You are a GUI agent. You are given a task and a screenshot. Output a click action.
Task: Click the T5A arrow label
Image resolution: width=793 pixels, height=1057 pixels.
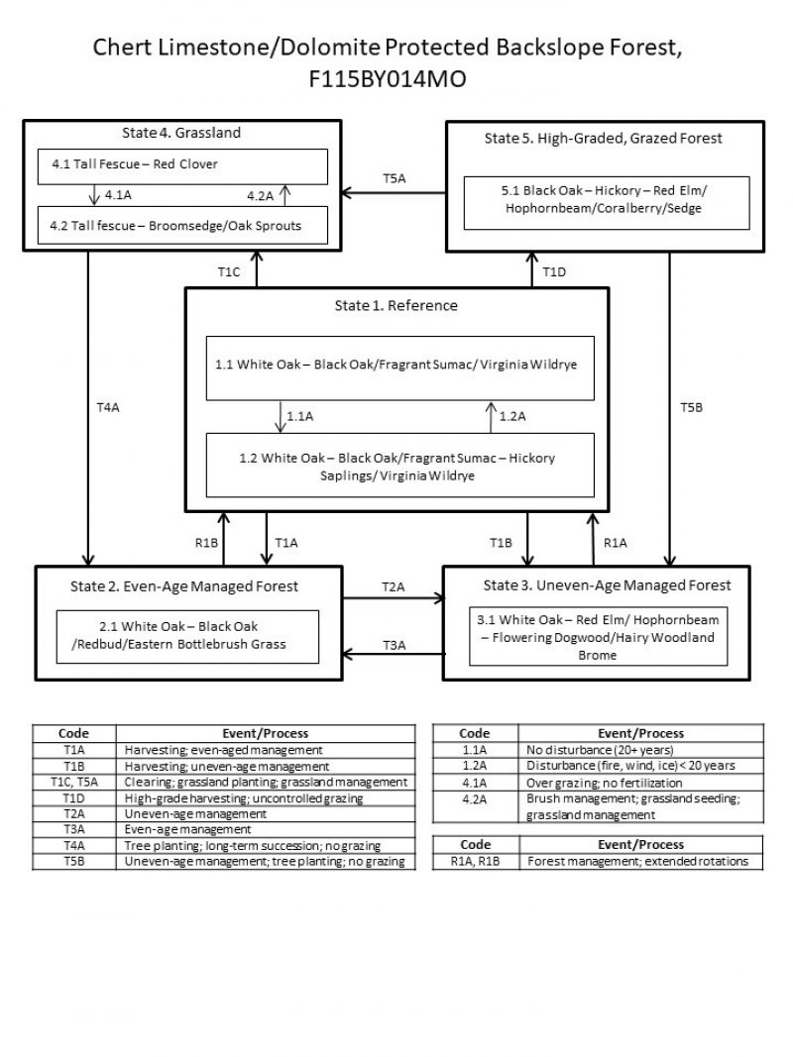point(395,178)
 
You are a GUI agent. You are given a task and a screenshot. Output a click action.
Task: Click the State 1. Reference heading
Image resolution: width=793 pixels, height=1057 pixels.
point(396,305)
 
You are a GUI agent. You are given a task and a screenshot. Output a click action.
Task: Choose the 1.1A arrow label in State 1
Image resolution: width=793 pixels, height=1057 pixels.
point(299,417)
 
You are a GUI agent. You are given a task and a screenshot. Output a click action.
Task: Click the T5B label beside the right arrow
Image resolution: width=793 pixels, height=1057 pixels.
point(691,407)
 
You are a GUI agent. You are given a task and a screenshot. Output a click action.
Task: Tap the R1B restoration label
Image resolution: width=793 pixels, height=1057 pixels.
point(206,542)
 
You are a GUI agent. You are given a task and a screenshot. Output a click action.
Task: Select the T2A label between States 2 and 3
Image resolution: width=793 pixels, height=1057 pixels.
point(393,587)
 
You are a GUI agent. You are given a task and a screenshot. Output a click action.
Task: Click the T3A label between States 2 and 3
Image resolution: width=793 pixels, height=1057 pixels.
point(393,645)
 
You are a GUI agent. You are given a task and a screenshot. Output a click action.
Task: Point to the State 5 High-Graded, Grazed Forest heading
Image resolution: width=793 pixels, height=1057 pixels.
point(603,139)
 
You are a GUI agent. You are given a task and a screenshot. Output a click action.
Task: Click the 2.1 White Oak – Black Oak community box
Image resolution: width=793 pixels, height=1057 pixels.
point(187,635)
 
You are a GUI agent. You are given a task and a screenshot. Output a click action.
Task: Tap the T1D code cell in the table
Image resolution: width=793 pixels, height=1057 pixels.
point(74,798)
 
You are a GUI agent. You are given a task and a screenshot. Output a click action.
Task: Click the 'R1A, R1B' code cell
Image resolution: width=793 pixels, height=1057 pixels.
point(476,862)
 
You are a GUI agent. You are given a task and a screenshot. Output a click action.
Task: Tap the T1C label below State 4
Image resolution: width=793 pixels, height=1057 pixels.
point(229,270)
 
